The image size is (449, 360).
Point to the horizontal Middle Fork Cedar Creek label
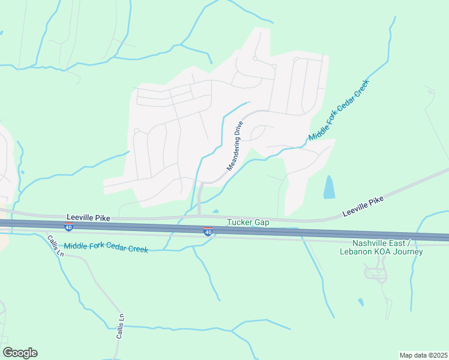pyautogui.click(x=106, y=246)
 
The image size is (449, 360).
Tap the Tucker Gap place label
pyautogui.click(x=248, y=222)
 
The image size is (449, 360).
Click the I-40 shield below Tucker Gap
pyautogui.click(x=208, y=231)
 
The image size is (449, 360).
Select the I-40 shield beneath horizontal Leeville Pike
pyautogui.click(x=69, y=227)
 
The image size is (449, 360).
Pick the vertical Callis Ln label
pyautogui.click(x=120, y=327)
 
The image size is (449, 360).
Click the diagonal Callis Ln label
pyautogui.click(x=55, y=245)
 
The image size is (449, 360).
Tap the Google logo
pyautogui.click(x=20, y=353)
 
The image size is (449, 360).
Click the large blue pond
pyautogui.click(x=329, y=187)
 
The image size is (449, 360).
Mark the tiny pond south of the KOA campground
pyautogui.click(x=360, y=302)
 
